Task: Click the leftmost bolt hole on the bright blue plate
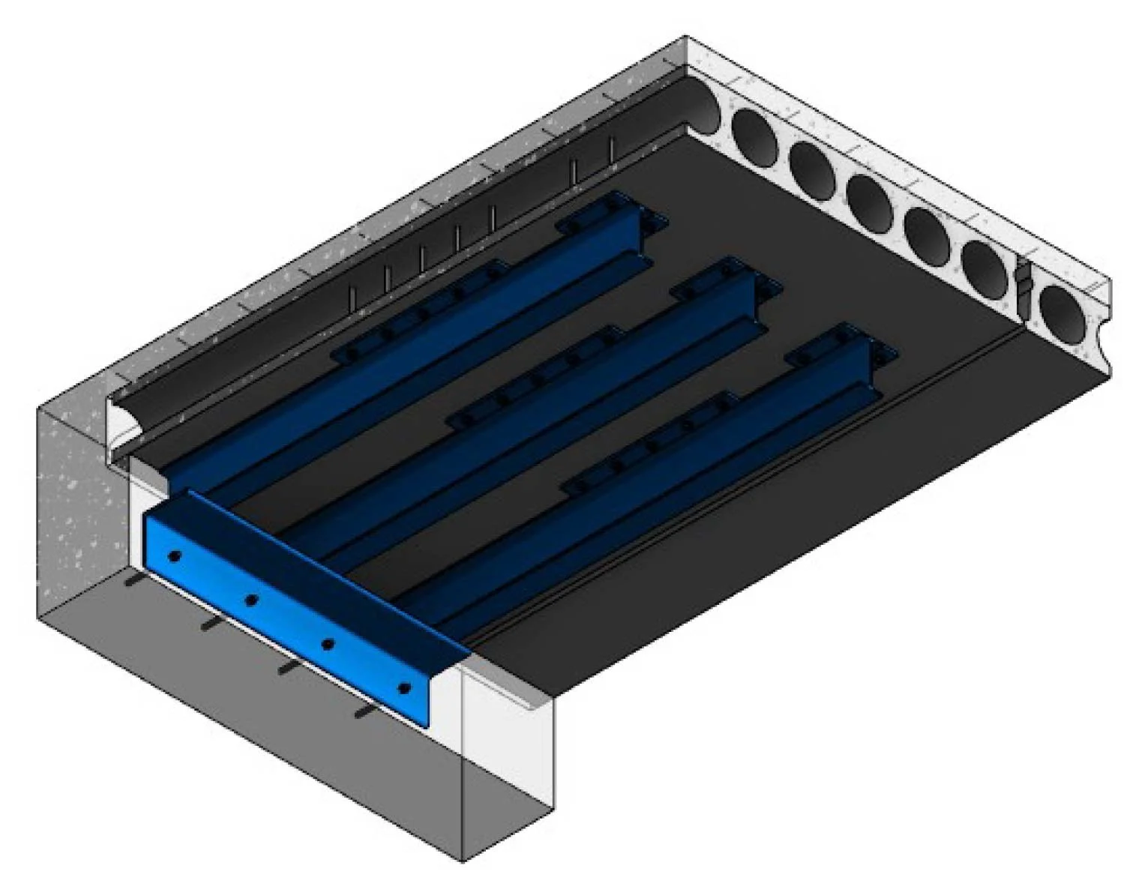pos(174,556)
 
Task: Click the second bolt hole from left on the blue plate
pos(252,600)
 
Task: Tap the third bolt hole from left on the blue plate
pos(328,644)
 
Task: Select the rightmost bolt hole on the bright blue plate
pos(404,688)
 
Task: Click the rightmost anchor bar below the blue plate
pos(365,711)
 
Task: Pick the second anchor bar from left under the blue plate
pos(211,624)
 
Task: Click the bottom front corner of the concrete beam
pos(461,861)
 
